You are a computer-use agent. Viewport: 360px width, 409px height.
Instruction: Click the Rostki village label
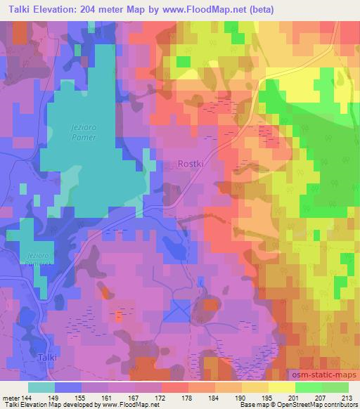coord(188,164)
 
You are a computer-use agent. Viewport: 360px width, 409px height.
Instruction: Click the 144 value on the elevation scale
coord(27,397)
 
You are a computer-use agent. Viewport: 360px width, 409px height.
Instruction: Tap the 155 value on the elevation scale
coord(82,397)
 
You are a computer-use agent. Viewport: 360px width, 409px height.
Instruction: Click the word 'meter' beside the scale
coord(11,397)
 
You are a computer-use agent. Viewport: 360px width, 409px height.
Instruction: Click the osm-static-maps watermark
coord(324,378)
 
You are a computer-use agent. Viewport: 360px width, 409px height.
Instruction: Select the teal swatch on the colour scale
coord(41,387)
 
